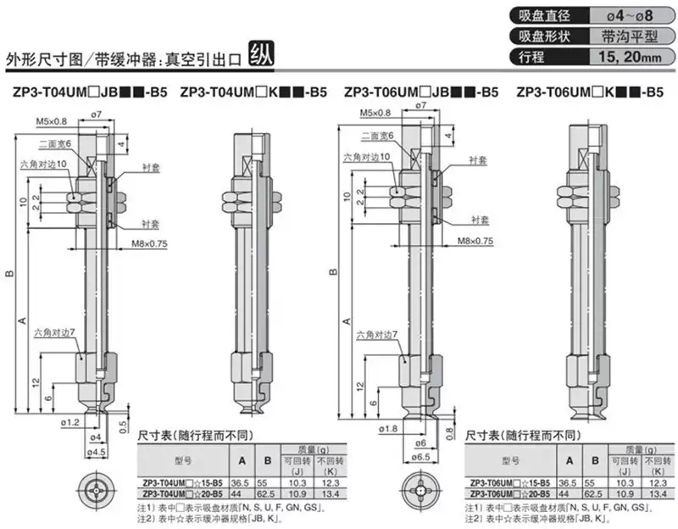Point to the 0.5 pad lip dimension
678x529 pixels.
(124, 424)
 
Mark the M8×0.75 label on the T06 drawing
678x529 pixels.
(475, 241)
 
